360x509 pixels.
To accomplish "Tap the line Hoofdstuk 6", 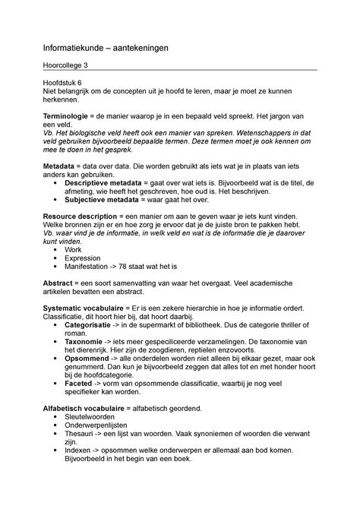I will coord(67,81).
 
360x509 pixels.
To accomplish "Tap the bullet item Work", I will coord(74,249).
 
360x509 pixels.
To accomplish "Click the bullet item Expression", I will coord(84,258).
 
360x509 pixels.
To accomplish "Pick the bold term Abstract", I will coord(60,282).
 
